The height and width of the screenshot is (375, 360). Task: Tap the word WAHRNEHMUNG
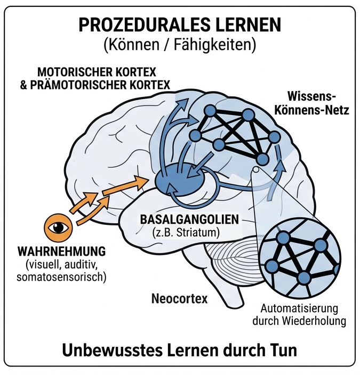pos(62,250)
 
